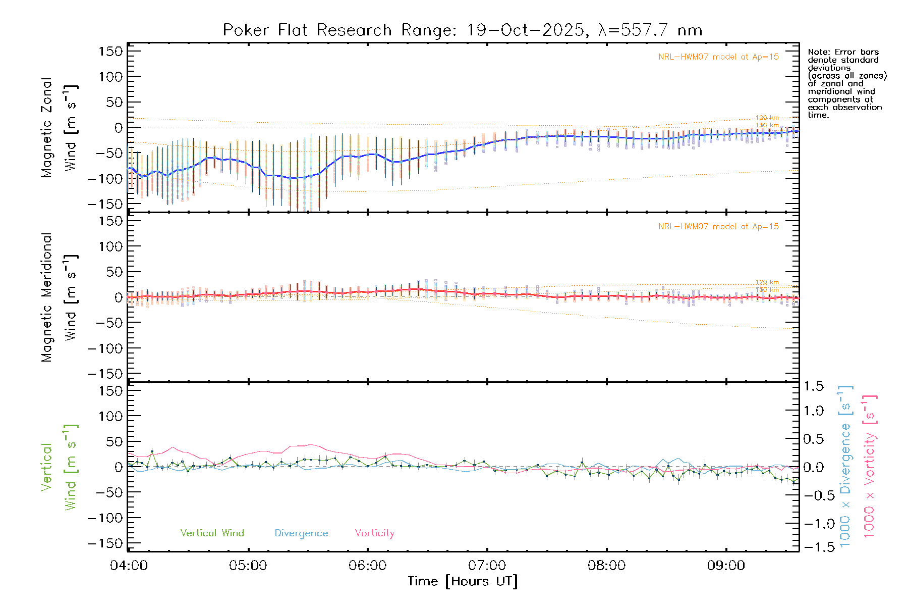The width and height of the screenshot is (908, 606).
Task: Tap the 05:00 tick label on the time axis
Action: click(248, 566)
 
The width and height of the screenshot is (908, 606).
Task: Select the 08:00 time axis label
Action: click(606, 566)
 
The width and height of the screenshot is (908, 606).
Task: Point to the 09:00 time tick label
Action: click(726, 566)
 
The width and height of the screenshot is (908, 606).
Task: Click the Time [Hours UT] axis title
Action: click(463, 581)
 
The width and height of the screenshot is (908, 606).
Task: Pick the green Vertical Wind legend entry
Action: click(212, 533)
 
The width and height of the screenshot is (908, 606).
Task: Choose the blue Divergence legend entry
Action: click(301, 533)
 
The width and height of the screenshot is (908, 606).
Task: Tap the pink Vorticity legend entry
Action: click(374, 533)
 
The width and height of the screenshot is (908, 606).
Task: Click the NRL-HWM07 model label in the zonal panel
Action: click(718, 57)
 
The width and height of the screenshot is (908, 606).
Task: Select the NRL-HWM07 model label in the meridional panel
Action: click(718, 226)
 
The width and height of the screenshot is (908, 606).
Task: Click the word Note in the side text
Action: click(818, 52)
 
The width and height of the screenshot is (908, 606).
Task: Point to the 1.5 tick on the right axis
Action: click(814, 386)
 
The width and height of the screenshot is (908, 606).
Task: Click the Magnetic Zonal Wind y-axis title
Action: click(60, 128)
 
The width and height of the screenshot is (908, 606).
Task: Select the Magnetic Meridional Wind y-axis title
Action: click(60, 297)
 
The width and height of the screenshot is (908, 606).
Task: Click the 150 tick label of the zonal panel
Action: click(110, 51)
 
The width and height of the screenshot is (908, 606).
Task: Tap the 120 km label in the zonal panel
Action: click(767, 118)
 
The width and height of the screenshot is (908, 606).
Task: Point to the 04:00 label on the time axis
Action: click(129, 566)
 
